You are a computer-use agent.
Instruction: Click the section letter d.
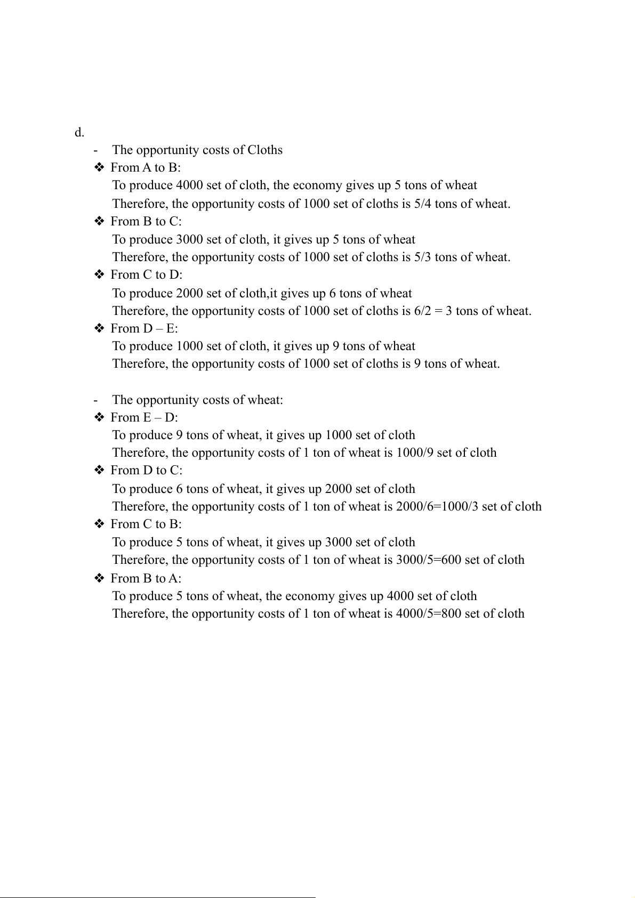coord(79,133)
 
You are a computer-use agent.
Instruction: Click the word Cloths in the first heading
coord(265,150)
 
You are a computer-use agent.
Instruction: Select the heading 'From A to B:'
coord(146,168)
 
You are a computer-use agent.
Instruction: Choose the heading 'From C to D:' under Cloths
coord(146,275)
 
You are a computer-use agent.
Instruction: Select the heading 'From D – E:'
coord(144,328)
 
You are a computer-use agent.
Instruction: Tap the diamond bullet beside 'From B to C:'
coord(99,221)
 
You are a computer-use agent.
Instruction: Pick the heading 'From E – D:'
coord(144,417)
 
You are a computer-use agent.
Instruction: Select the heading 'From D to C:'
coord(146,471)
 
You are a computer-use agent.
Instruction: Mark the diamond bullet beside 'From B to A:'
coord(99,578)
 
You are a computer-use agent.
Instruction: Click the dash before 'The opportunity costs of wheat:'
coord(95,400)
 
